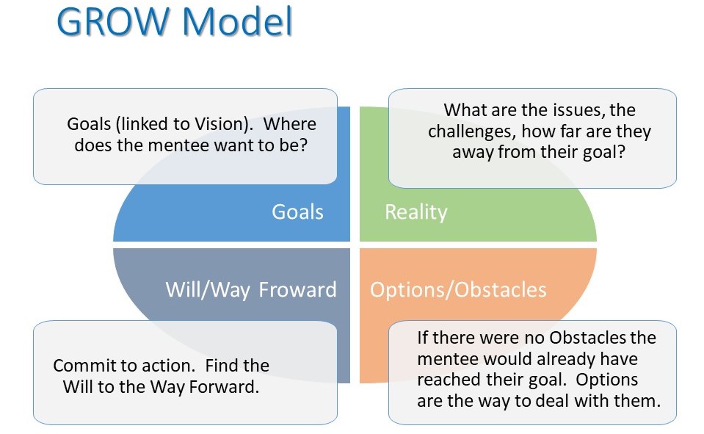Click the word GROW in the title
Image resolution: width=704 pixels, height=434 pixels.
tap(112, 21)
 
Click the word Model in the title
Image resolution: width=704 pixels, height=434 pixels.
tap(238, 21)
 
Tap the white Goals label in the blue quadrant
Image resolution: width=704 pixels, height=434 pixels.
tap(297, 211)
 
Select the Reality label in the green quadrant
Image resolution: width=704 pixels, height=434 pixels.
tap(416, 212)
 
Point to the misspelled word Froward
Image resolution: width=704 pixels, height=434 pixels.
tap(297, 290)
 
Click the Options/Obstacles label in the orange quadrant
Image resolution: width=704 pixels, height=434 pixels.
tap(458, 290)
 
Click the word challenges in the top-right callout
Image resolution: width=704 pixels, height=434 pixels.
tap(471, 131)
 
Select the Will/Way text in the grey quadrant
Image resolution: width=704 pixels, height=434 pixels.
tap(208, 290)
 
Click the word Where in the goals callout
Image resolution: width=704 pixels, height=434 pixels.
tap(289, 124)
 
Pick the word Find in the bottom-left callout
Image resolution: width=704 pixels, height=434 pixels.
tap(221, 366)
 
